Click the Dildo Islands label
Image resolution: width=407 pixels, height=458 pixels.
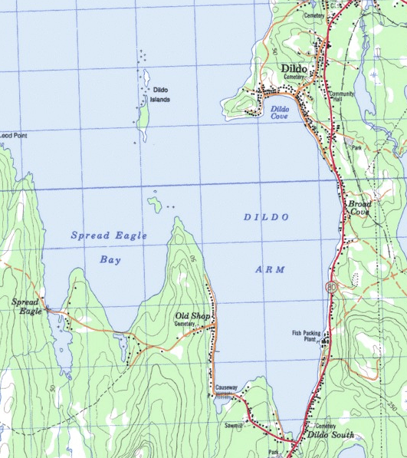(x=160, y=94)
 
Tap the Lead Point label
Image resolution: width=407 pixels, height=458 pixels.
(x=13, y=135)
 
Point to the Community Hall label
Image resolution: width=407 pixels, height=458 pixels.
(x=341, y=97)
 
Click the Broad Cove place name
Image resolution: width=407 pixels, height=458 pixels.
(x=359, y=208)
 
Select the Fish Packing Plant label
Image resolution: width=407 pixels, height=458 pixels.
(x=306, y=335)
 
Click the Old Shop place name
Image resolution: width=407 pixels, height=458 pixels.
(x=192, y=316)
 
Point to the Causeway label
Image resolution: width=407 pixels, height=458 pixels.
(x=228, y=387)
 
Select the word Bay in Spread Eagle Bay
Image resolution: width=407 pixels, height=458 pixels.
(x=110, y=259)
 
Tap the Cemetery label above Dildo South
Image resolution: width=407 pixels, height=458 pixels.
(x=325, y=426)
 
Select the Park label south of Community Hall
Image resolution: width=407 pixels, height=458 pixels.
(x=354, y=146)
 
